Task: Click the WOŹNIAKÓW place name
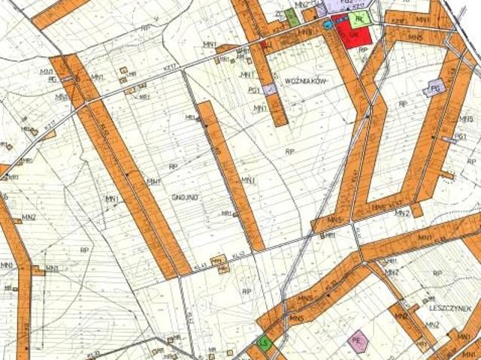(304, 79)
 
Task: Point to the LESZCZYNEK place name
(449, 308)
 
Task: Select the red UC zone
(350, 34)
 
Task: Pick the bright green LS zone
(264, 343)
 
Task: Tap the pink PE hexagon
(358, 341)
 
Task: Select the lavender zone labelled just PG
(434, 89)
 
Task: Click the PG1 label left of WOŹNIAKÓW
(253, 91)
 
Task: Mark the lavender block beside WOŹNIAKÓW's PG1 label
(270, 89)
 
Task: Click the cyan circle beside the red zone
(328, 25)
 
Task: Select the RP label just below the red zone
(363, 50)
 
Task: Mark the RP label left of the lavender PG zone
(403, 104)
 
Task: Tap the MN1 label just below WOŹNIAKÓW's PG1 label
(260, 108)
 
